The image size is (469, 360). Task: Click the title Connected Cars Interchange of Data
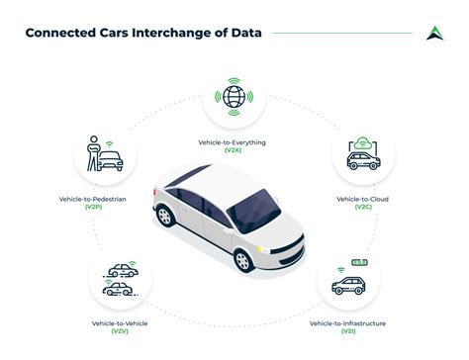(x=142, y=33)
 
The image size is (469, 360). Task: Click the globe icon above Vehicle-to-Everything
(x=234, y=98)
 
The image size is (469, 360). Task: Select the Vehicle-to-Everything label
(x=234, y=142)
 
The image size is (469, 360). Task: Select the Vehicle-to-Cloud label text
(x=362, y=199)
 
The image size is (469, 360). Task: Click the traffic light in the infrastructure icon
(x=360, y=263)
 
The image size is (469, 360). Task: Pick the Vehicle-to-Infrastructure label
(x=347, y=323)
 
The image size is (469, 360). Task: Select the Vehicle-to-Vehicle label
(x=120, y=323)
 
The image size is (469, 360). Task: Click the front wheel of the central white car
(x=242, y=259)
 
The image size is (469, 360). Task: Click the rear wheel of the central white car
(x=164, y=216)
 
